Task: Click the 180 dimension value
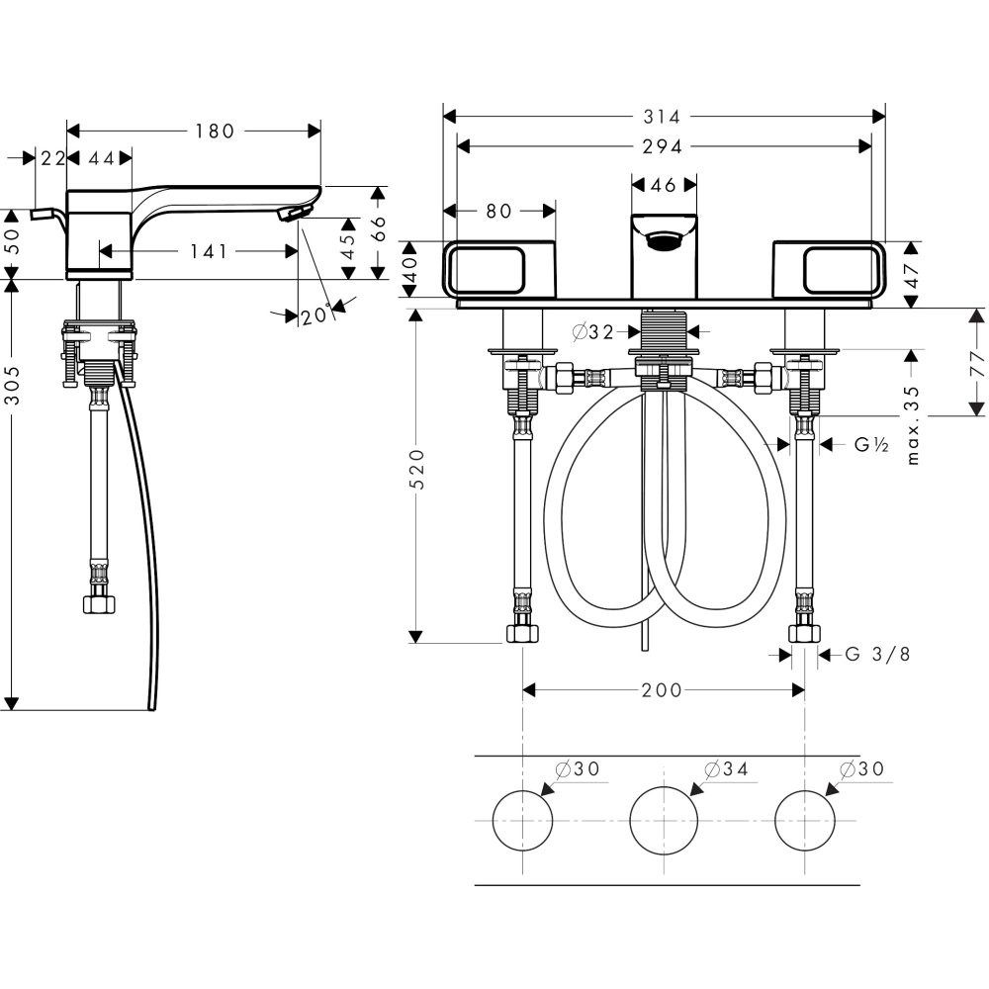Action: pyautogui.click(x=214, y=131)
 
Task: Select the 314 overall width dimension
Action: pyautogui.click(x=664, y=117)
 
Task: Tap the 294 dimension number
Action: pyautogui.click(x=664, y=146)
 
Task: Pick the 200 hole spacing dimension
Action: pyautogui.click(x=662, y=689)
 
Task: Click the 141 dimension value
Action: pyautogui.click(x=209, y=251)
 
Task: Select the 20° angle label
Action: pyautogui.click(x=315, y=316)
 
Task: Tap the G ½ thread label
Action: pyautogui.click(x=872, y=445)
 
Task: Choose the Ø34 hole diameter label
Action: pyautogui.click(x=724, y=768)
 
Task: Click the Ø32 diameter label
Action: pyautogui.click(x=593, y=332)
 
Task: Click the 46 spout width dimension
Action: pyautogui.click(x=664, y=185)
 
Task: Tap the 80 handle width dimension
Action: pyautogui.click(x=498, y=211)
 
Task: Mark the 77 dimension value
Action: pyautogui.click(x=978, y=362)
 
